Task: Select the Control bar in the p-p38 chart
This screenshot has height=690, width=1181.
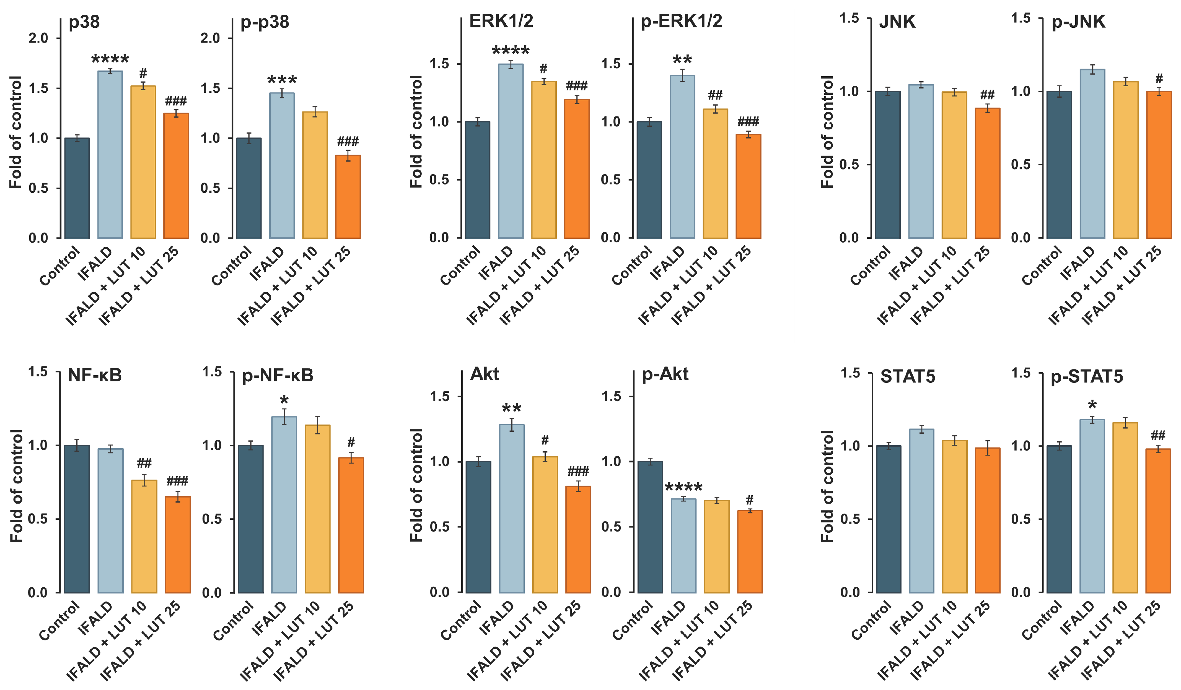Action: (x=249, y=188)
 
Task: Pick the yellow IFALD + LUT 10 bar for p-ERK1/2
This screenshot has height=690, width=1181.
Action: (x=715, y=174)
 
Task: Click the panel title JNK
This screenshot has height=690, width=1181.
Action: (x=897, y=22)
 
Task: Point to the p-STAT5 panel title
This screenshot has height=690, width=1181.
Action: (x=1087, y=377)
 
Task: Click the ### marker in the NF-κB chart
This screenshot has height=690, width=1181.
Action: (x=178, y=481)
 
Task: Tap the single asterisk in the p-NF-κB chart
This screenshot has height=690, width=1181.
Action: (x=284, y=400)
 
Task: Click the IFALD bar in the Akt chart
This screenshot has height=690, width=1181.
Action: (x=512, y=509)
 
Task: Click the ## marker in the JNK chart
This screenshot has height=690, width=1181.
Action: (x=988, y=95)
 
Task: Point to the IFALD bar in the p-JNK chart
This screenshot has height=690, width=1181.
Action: (x=1092, y=154)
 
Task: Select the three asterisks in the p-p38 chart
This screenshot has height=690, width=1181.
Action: (x=282, y=80)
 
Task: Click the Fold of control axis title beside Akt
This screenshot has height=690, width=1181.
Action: (x=416, y=485)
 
